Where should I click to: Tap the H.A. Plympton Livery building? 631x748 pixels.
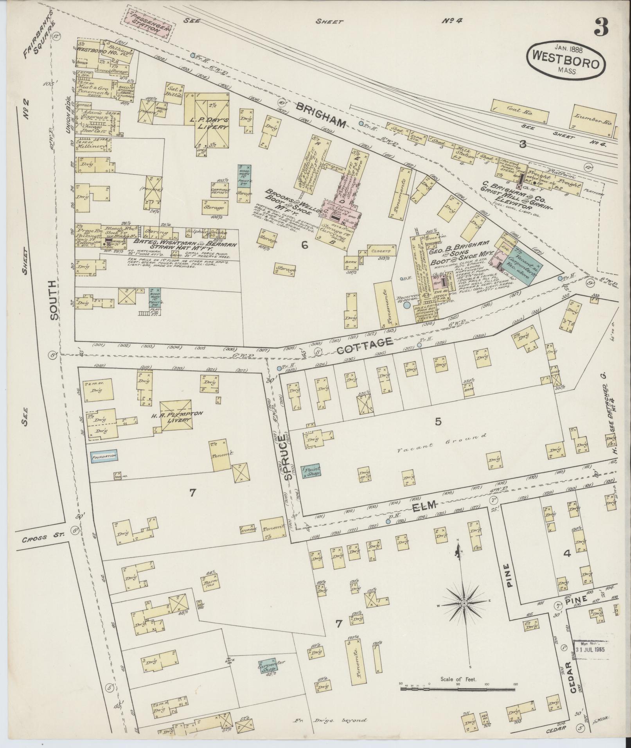point(175,416)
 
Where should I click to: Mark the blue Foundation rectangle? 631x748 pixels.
point(104,456)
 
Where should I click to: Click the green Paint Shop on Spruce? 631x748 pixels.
point(311,471)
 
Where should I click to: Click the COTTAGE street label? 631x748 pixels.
point(370,344)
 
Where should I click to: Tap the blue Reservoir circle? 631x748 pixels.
point(407,305)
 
